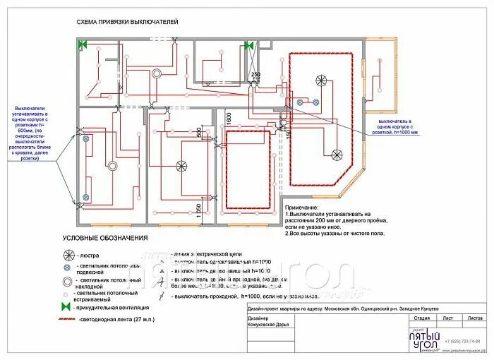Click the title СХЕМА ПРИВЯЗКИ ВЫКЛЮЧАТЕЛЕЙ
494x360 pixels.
[x=127, y=23]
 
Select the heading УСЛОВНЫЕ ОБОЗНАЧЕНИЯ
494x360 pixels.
[x=105, y=238]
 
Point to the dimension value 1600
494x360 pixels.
[x=229, y=118]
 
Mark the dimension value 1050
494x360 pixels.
[x=199, y=210]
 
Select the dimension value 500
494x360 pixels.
[x=199, y=132]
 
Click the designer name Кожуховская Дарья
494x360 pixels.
[x=272, y=325]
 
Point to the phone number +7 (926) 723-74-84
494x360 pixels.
[x=462, y=342]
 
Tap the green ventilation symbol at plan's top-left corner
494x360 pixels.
[x=83, y=44]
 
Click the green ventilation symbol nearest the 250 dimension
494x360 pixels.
[x=248, y=45]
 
